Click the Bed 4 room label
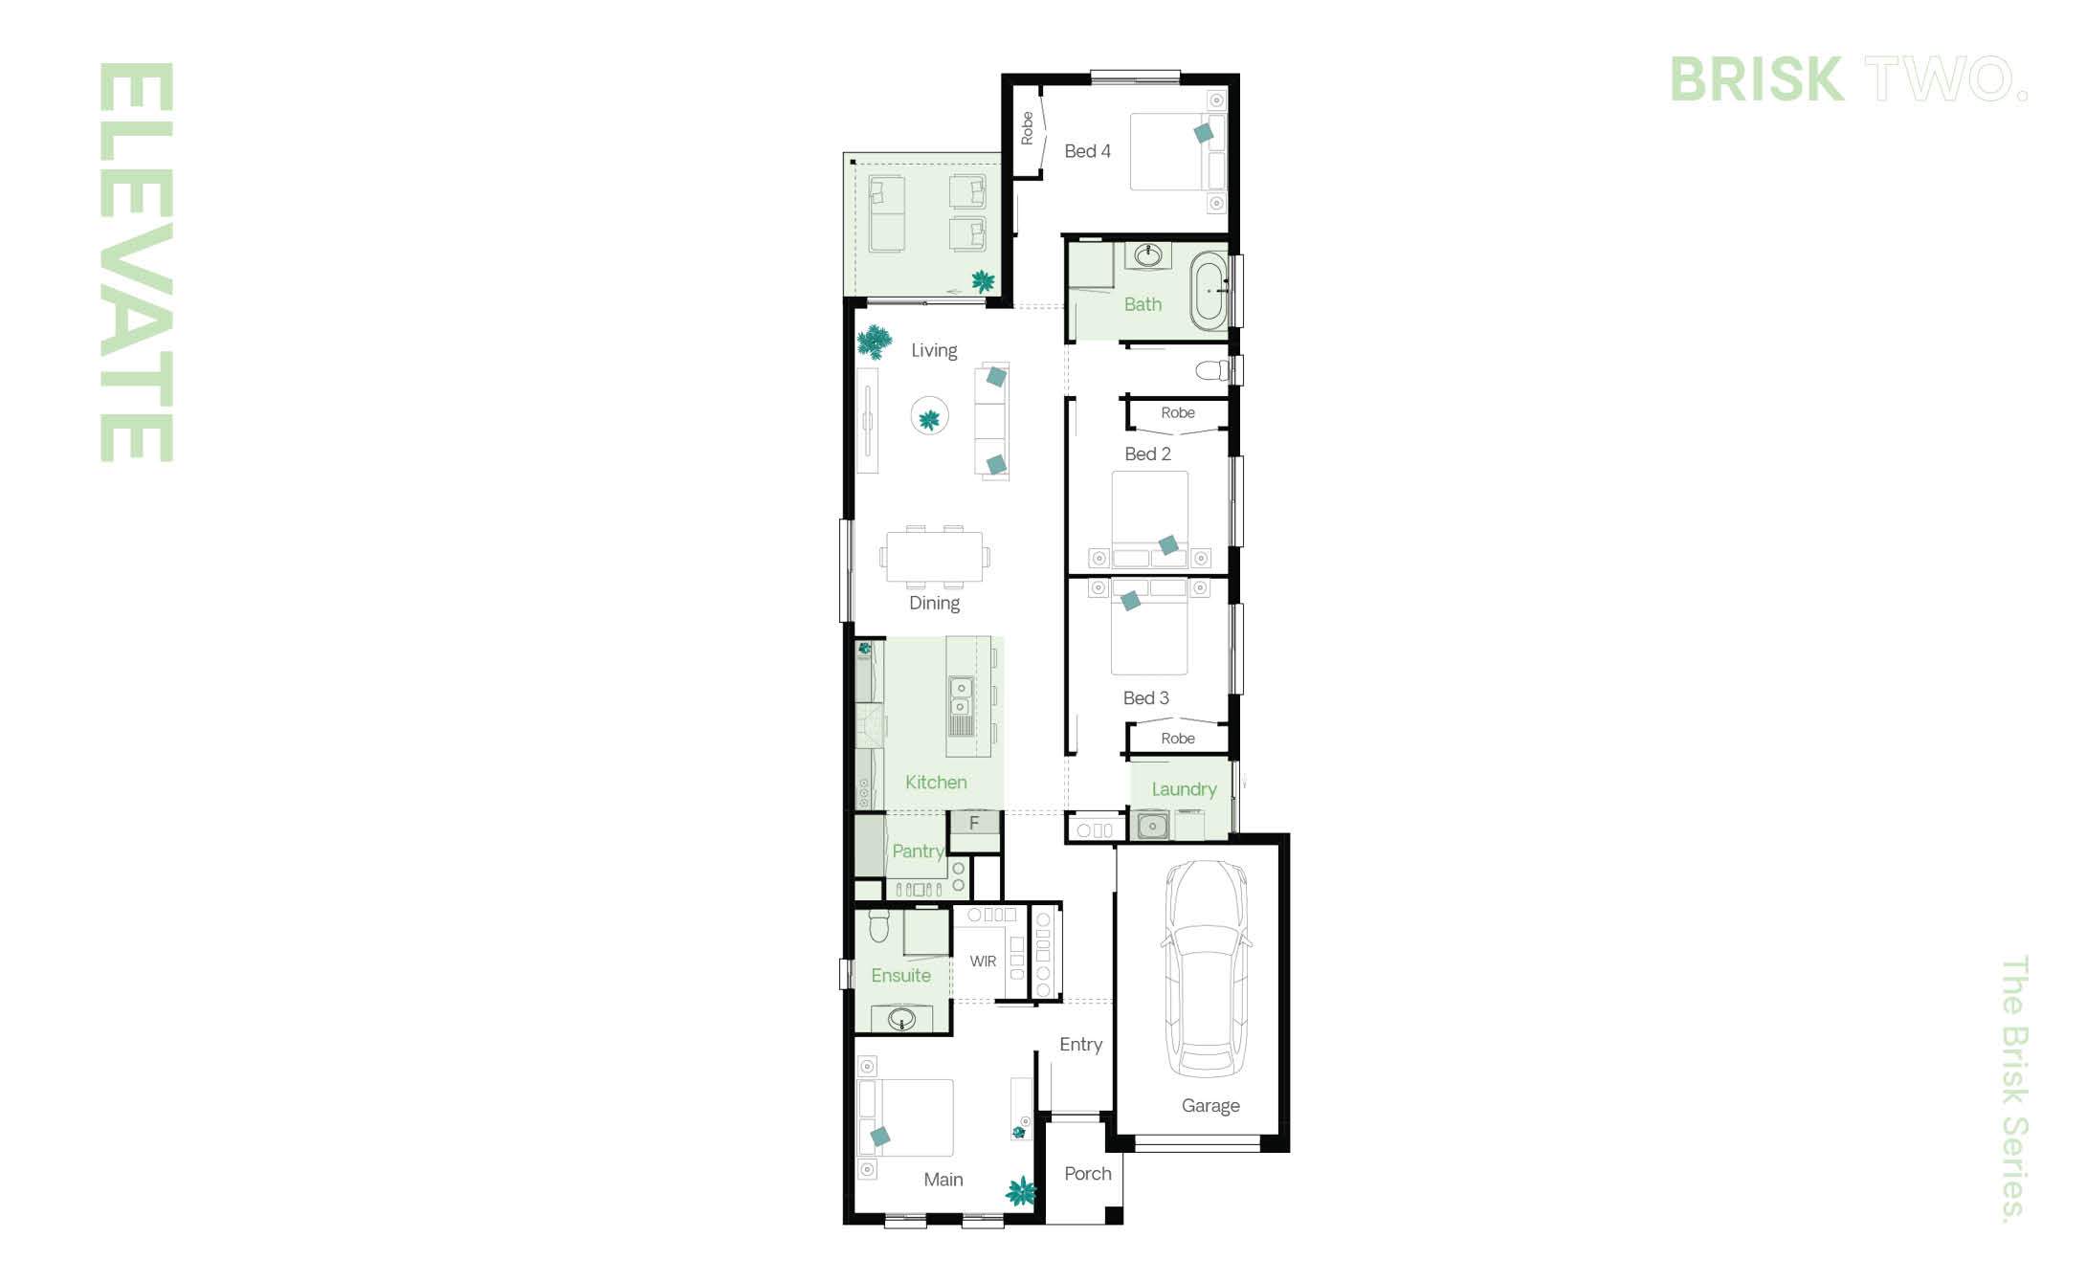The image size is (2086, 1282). pos(1087,151)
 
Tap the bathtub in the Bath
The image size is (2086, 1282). pos(1209,291)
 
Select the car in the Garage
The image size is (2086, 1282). pos(1206,967)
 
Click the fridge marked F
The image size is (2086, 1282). pos(974,823)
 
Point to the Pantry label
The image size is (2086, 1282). pos(918,851)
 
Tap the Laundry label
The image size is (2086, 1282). pos(1184,789)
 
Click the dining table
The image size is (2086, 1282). pos(934,557)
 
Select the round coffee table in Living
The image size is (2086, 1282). pos(929,416)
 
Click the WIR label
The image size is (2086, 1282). pos(983,961)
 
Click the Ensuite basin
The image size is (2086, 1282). pos(902,1019)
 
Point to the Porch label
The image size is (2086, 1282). pos(1088,1174)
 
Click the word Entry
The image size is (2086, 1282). pos(1080,1046)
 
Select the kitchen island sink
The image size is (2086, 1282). pos(961,697)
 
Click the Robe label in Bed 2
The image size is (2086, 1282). pos(1178,413)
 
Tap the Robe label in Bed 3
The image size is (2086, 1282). pos(1178,739)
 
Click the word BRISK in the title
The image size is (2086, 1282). pos(1757,78)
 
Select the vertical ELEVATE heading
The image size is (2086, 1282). pos(136,262)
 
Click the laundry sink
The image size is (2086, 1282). pos(1152,825)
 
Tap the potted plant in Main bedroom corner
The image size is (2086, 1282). pos(1021,1192)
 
